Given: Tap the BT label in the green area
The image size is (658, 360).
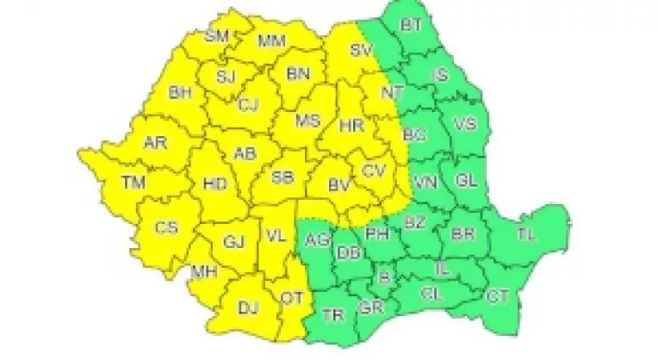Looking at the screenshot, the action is pyautogui.click(x=412, y=26).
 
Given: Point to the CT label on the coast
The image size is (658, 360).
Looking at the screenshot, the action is pyautogui.click(x=497, y=297).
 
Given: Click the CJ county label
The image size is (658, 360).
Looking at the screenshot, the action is pyautogui.click(x=250, y=105).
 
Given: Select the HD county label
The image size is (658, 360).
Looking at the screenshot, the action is pyautogui.click(x=214, y=183).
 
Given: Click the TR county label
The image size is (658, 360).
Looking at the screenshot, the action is pyautogui.click(x=332, y=315).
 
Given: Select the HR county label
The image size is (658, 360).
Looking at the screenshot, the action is pyautogui.click(x=351, y=126).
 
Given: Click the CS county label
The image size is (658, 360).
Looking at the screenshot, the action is pyautogui.click(x=166, y=227).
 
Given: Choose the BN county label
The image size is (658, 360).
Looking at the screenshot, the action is pyautogui.click(x=298, y=75).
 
